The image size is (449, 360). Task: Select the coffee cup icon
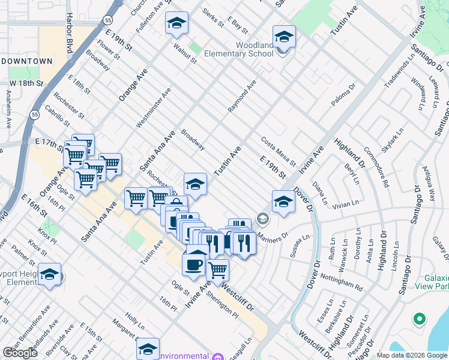[x=193, y=265]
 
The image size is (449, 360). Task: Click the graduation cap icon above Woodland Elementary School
[x=284, y=37]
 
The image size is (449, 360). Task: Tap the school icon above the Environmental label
[x=148, y=349]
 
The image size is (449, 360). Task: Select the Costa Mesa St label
[x=279, y=151]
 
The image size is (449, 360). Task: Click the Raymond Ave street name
[x=242, y=95]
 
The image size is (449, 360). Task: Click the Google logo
[x=20, y=353]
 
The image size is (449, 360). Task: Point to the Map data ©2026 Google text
[x=411, y=355]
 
